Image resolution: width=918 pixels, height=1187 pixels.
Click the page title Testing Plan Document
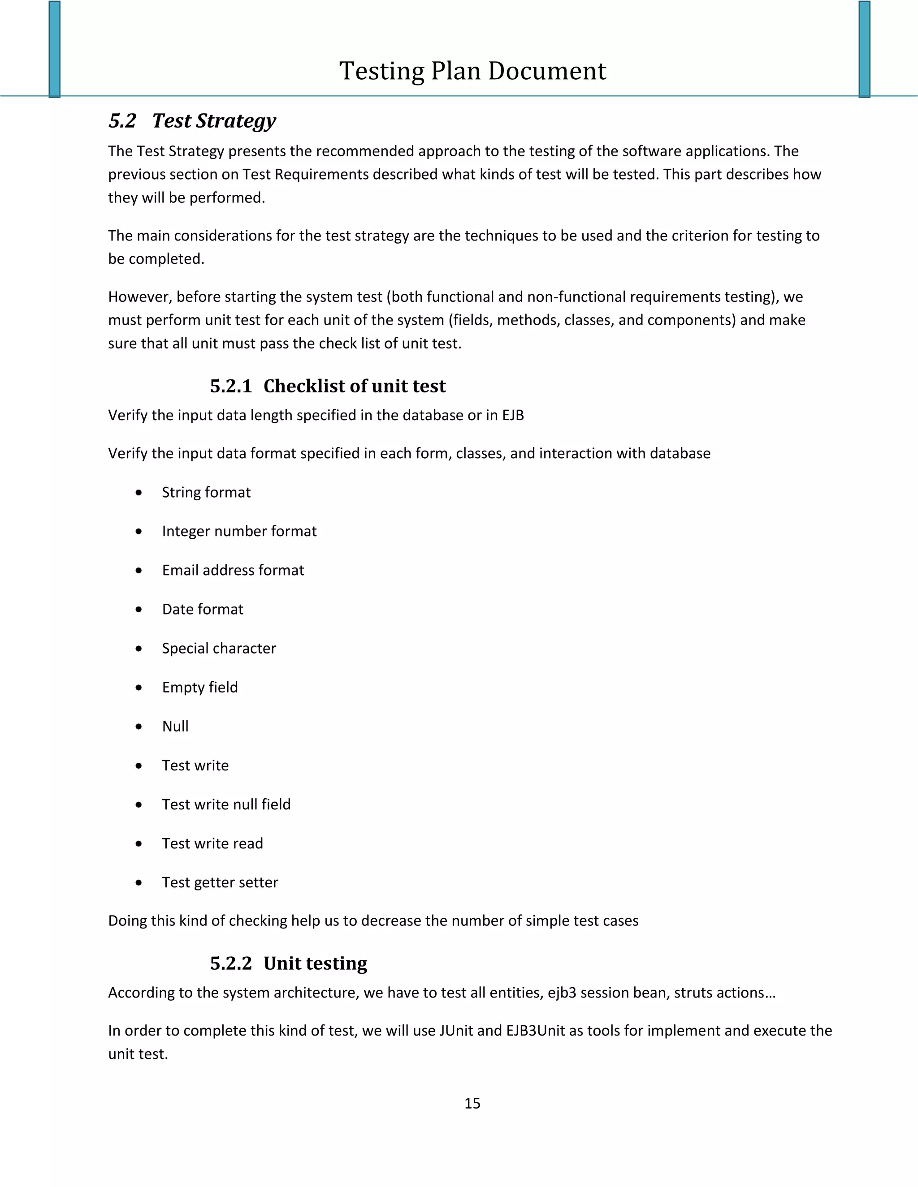[472, 71]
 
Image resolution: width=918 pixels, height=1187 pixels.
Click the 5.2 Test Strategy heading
[192, 120]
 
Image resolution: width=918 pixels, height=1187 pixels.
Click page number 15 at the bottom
[472, 1103]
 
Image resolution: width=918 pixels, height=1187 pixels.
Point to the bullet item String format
[206, 492]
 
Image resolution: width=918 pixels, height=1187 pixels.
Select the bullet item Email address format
[233, 570]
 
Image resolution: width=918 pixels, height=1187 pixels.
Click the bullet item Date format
[202, 609]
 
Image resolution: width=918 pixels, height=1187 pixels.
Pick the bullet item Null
[175, 727]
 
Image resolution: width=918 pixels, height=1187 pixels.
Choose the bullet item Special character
[219, 649]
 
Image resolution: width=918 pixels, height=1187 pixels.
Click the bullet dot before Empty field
[139, 688]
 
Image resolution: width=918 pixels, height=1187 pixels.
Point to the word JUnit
[456, 1031]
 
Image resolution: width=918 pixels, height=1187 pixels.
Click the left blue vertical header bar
[54, 49]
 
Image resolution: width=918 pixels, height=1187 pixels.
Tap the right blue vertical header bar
[864, 49]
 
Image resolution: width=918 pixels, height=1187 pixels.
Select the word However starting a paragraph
[140, 297]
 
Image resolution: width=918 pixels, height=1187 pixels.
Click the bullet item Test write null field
[226, 804]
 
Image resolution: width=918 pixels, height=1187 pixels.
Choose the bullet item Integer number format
[239, 531]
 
